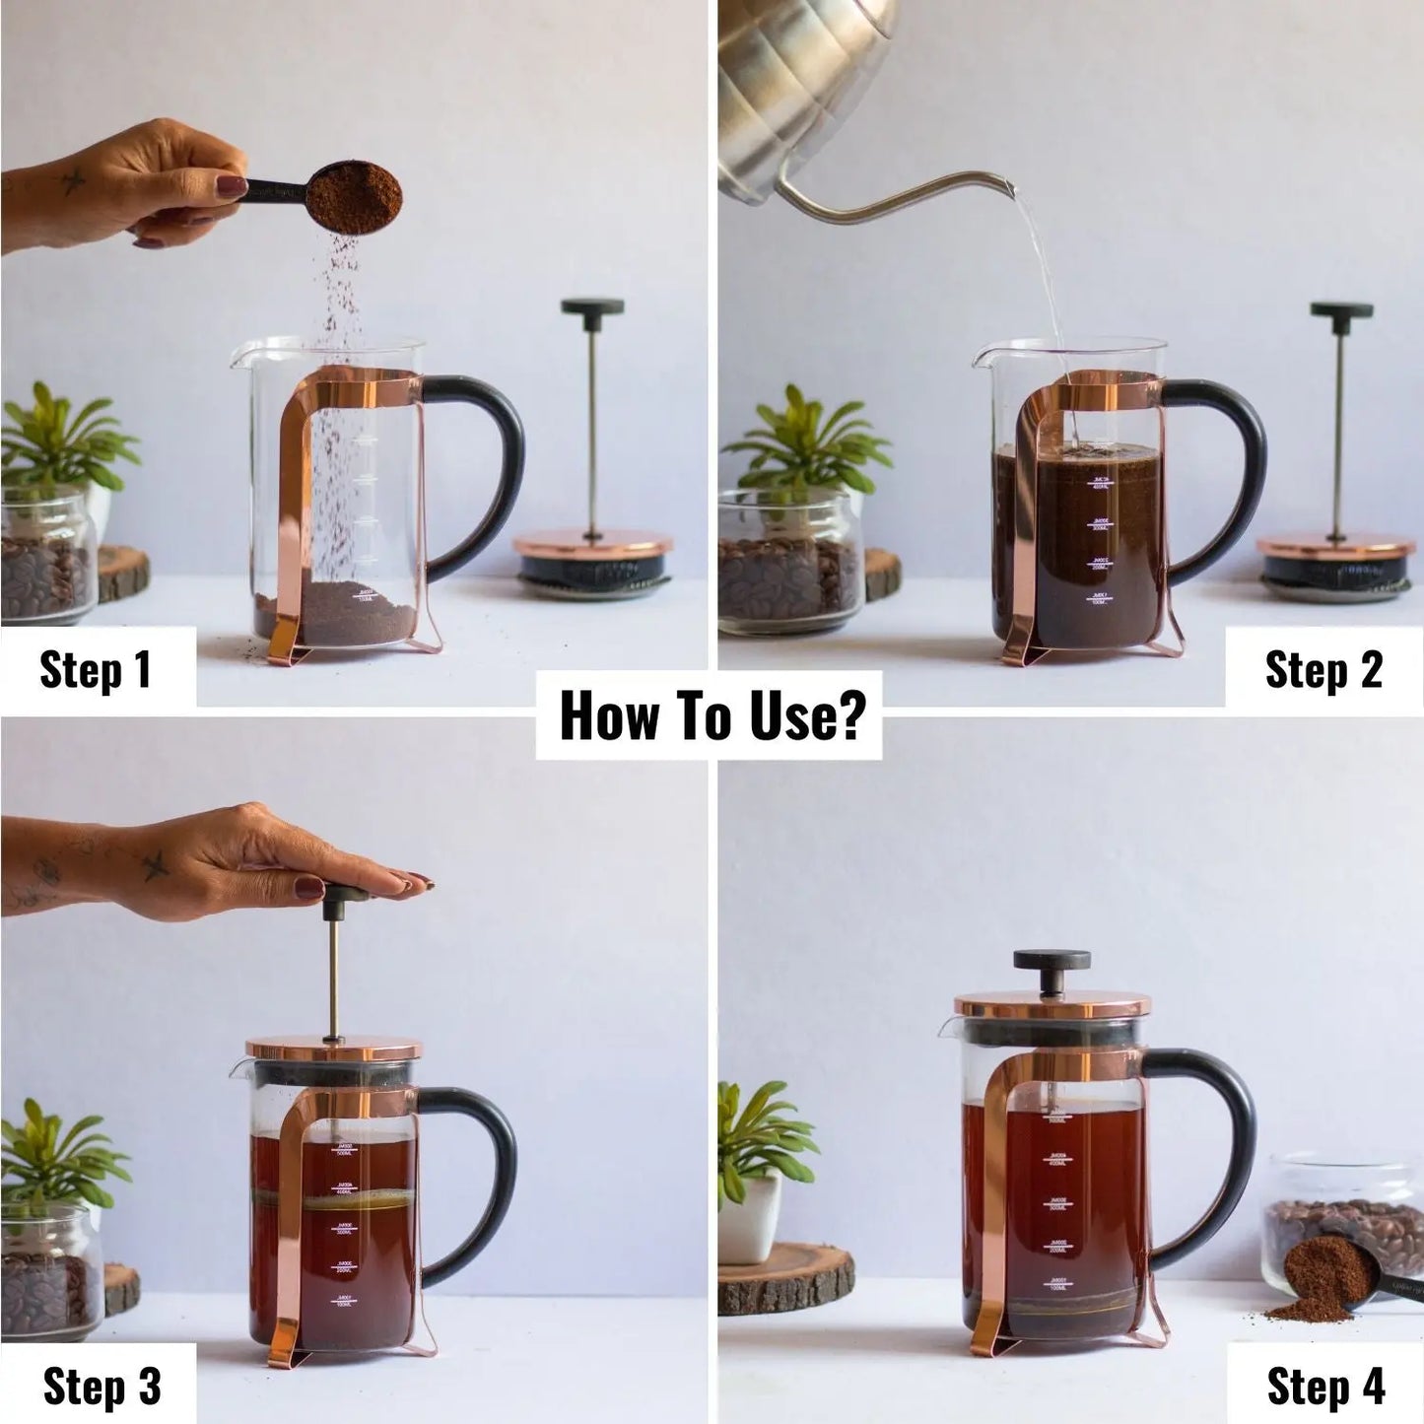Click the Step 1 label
pos(96,669)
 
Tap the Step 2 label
pos(1322,669)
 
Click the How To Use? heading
pos(709,715)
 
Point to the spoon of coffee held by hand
pos(352,198)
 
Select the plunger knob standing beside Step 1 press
pos(592,307)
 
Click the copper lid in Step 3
pos(333,1049)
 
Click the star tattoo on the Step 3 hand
pos(156,865)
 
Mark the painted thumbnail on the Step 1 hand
pos(233,186)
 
